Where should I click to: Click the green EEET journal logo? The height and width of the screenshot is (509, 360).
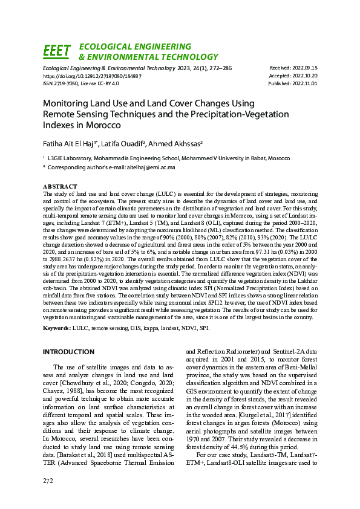click(x=57, y=51)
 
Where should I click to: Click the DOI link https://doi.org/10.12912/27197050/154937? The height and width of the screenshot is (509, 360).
click(x=92, y=76)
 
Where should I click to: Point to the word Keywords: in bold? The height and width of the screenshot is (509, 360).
click(x=57, y=328)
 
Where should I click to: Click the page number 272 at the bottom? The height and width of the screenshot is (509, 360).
click(x=48, y=480)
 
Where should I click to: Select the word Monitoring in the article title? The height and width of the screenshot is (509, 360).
click(x=68, y=103)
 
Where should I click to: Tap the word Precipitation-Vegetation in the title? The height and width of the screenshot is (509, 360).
click(x=241, y=114)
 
